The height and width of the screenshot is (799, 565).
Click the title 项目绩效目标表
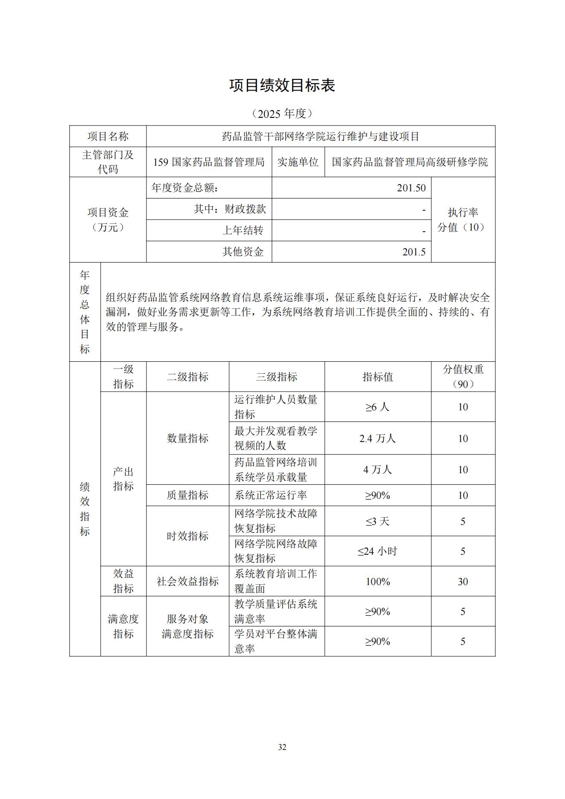coord(282,85)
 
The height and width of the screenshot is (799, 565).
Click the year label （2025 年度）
coord(282,114)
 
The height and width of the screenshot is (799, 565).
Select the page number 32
coord(282,747)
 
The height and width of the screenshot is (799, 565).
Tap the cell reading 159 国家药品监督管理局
coord(209,162)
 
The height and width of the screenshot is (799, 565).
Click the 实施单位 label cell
coord(298,162)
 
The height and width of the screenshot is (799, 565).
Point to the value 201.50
coord(411,188)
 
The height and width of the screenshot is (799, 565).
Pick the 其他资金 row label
coord(243,252)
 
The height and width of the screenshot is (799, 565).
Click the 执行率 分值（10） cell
coord(463,220)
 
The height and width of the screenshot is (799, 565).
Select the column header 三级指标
coord(276,377)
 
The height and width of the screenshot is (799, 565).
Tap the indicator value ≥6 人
coord(378,407)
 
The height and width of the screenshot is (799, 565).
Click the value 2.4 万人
coord(378,439)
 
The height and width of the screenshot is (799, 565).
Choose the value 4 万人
coord(378,470)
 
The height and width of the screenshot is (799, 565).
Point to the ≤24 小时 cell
coord(378,551)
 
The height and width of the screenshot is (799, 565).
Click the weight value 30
coord(463,582)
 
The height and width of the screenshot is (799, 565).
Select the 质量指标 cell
coord(187,495)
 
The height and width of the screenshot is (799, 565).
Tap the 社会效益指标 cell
coord(187,582)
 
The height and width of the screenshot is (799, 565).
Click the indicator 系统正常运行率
coord(270,495)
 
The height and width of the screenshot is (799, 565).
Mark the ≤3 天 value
coord(378,521)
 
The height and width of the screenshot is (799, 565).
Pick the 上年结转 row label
coord(243,231)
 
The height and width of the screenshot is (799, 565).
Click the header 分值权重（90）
coord(463,377)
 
